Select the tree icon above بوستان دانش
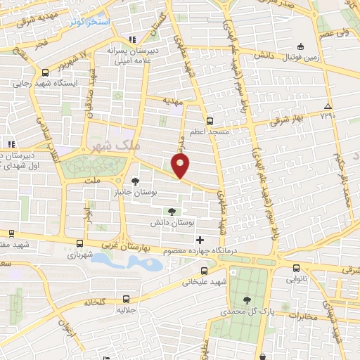(172, 211)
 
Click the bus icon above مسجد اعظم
(210, 120)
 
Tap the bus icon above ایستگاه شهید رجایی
(46, 72)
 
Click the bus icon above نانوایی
(295, 268)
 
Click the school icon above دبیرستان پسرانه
(129, 40)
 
